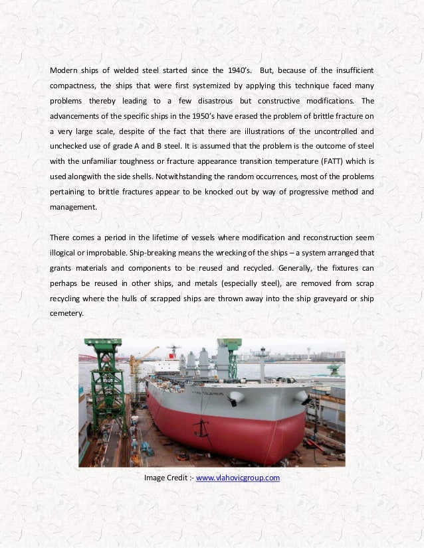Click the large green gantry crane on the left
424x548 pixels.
tap(104, 385)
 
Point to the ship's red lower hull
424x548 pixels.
tap(219, 425)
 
